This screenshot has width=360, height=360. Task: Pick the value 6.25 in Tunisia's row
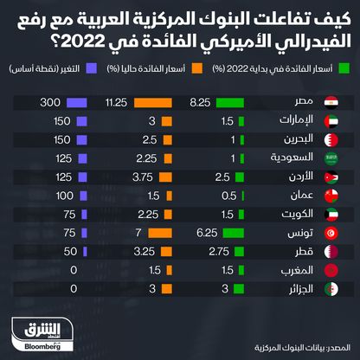205,233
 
